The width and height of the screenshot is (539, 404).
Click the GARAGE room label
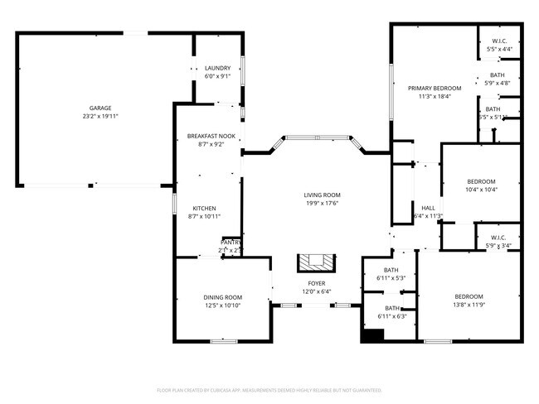tap(100, 108)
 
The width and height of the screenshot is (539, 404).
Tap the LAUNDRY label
tap(217, 68)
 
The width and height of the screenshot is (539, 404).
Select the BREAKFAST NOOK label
tap(211, 136)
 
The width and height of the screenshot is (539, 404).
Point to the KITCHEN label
tap(205, 208)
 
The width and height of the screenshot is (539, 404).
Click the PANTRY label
tap(230, 242)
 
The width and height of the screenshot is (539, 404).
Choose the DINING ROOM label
tap(222, 297)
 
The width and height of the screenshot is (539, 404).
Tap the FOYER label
tap(317, 283)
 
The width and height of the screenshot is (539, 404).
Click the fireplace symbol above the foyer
tap(316, 262)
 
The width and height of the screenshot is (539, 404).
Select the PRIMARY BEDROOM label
tap(434, 88)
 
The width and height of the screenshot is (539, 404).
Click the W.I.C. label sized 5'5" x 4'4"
tap(499, 41)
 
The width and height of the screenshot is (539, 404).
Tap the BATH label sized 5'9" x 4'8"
tap(497, 75)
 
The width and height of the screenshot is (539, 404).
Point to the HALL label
tap(428, 208)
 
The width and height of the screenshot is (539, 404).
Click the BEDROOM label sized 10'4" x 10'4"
tap(481, 181)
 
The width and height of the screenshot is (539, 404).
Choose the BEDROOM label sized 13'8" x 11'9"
tap(469, 296)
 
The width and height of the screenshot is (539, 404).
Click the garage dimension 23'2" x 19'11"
tap(100, 116)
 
